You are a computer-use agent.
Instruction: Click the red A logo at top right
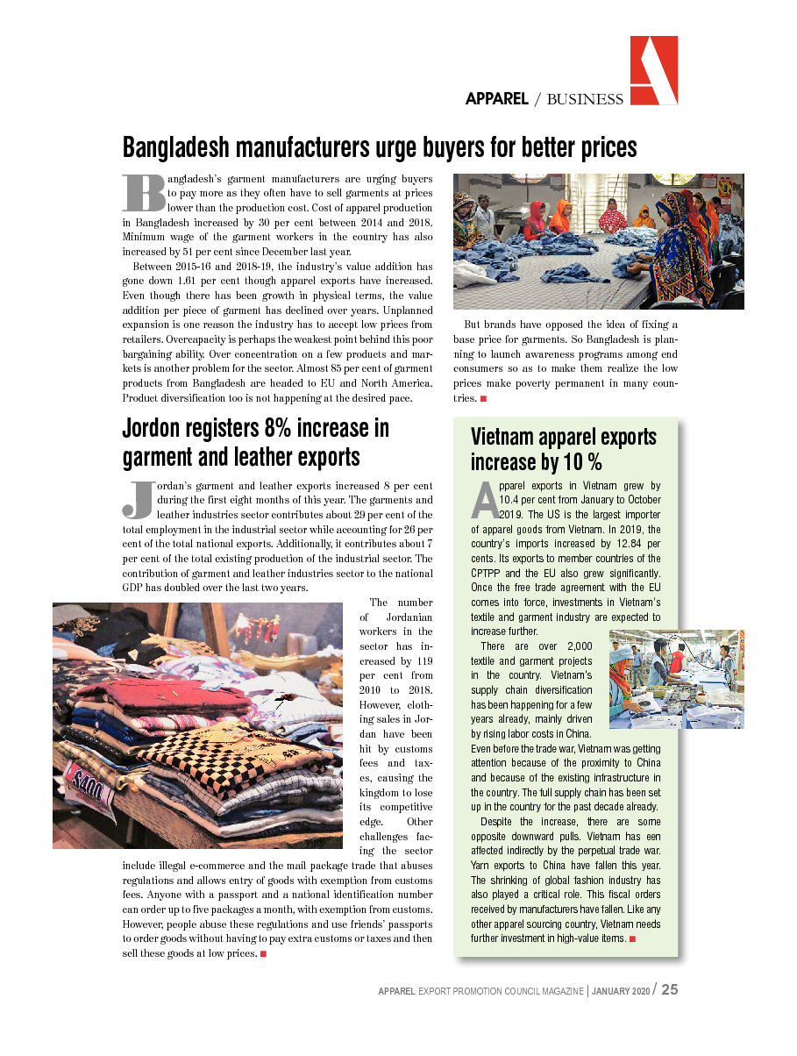pos(653,70)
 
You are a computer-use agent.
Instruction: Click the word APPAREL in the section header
pos(496,99)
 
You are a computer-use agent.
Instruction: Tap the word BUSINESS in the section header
pos(585,99)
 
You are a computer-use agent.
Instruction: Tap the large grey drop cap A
pos(484,499)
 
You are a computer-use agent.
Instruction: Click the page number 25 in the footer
pos(669,989)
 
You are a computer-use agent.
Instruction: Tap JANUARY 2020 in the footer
pos(621,991)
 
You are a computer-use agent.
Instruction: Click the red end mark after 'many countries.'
pos(484,399)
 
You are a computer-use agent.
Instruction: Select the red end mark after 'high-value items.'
pos(633,939)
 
